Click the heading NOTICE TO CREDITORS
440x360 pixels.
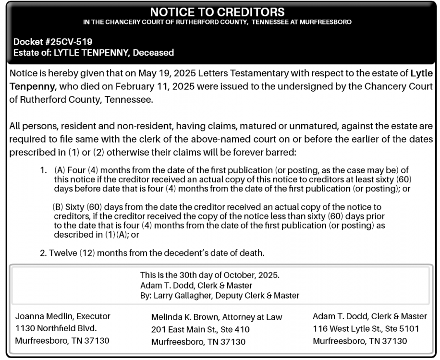pos(217,12)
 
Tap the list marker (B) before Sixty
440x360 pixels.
pos(58,208)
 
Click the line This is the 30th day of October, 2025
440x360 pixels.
pos(209,276)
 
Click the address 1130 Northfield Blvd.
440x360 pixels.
pos(56,329)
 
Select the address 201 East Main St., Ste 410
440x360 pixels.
pos(200,330)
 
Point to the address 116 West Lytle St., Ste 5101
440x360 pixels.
pos(366,329)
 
